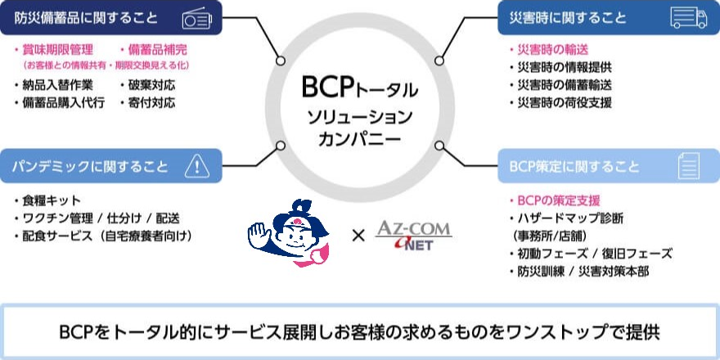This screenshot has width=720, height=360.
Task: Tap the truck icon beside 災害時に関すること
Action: click(687, 17)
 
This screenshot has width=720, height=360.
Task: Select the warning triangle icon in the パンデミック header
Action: click(197, 166)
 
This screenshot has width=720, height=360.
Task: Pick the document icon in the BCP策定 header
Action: click(688, 166)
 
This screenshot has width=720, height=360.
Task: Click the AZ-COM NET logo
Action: click(413, 235)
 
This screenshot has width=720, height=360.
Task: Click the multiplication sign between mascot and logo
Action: click(358, 236)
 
